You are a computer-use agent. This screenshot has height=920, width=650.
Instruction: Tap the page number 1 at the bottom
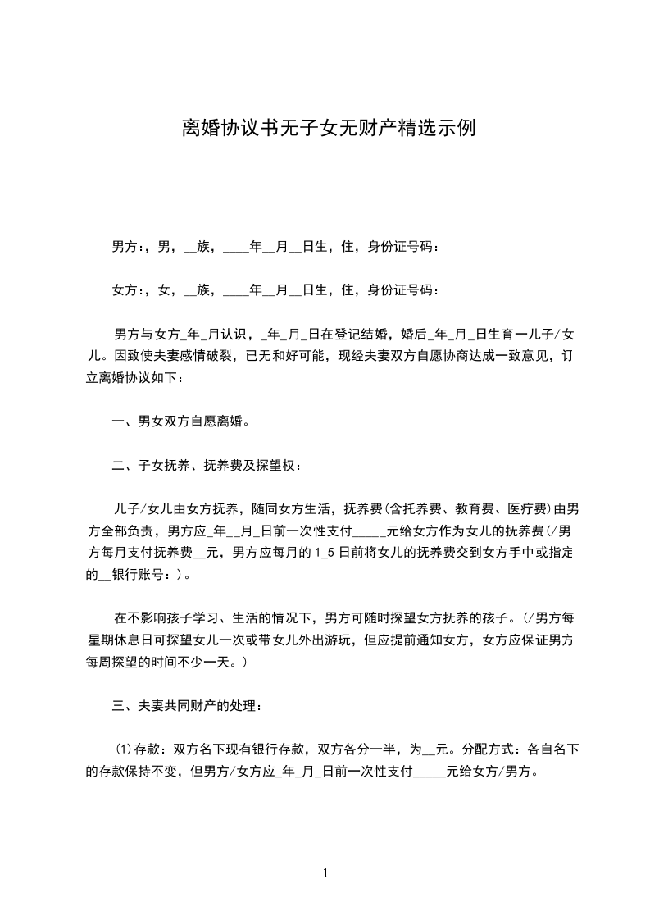point(325,873)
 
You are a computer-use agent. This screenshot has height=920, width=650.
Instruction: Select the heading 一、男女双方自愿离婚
point(180,422)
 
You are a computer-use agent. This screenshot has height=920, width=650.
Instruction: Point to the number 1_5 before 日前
point(326,553)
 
